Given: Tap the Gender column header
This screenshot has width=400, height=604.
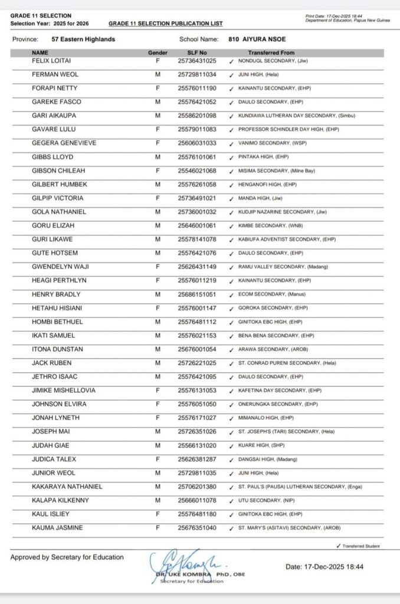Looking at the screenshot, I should [158, 53].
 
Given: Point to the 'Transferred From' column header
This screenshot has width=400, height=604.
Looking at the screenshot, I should [271, 53].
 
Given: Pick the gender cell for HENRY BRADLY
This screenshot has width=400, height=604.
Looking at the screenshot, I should [158, 294].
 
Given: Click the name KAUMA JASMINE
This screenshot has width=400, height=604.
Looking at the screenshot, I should [57, 527].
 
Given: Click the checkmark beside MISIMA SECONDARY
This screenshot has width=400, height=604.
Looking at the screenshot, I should [231, 171].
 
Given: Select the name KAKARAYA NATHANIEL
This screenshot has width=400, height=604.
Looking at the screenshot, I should [67, 487].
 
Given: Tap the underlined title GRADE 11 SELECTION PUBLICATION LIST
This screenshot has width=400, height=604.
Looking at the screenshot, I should [166, 24].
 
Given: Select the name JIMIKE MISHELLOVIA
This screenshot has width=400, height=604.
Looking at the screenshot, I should [63, 390].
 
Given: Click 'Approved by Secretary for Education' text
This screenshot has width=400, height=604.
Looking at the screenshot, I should [67, 557].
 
